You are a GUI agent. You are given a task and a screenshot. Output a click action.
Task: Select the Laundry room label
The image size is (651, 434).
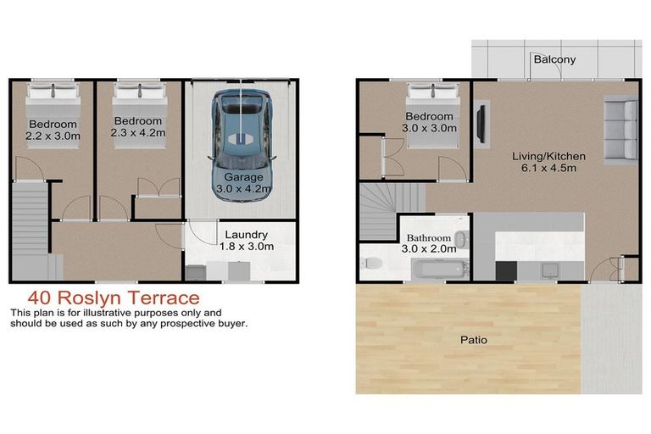point(246,235)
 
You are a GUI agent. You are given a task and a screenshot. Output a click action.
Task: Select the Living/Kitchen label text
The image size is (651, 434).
point(542,156)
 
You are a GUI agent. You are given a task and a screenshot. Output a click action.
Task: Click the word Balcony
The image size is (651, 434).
point(554,59)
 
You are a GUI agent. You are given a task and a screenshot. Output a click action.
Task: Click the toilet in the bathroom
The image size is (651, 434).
point(370,264)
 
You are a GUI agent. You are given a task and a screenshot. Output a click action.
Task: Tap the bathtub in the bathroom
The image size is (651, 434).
point(437,270)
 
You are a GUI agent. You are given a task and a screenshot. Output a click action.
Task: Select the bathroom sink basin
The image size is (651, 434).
point(459,239)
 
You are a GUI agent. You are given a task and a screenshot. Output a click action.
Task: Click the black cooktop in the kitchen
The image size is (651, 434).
point(506,270)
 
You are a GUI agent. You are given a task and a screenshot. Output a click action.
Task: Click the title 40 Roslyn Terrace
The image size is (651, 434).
point(113,298)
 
